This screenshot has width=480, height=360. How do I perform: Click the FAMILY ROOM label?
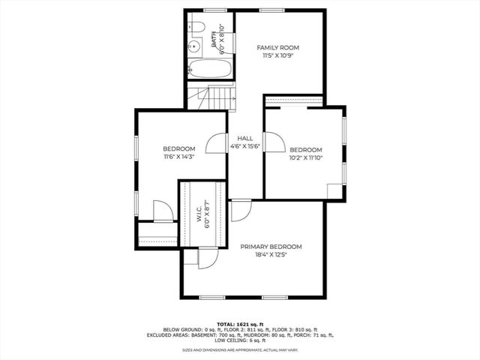[x=278, y=47]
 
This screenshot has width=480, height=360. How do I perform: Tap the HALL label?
[x=244, y=139]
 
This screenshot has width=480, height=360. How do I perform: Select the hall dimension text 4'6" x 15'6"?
[x=244, y=148]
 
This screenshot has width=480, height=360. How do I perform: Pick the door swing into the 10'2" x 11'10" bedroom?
[x=274, y=142]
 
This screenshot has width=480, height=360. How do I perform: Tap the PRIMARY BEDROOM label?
[x=271, y=247]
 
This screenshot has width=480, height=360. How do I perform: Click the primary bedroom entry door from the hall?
[x=240, y=211]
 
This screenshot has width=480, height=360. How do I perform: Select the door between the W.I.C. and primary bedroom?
[x=206, y=258]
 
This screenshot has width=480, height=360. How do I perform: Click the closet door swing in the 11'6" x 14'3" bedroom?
[x=163, y=211]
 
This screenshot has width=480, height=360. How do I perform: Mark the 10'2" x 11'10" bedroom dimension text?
[x=305, y=158]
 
